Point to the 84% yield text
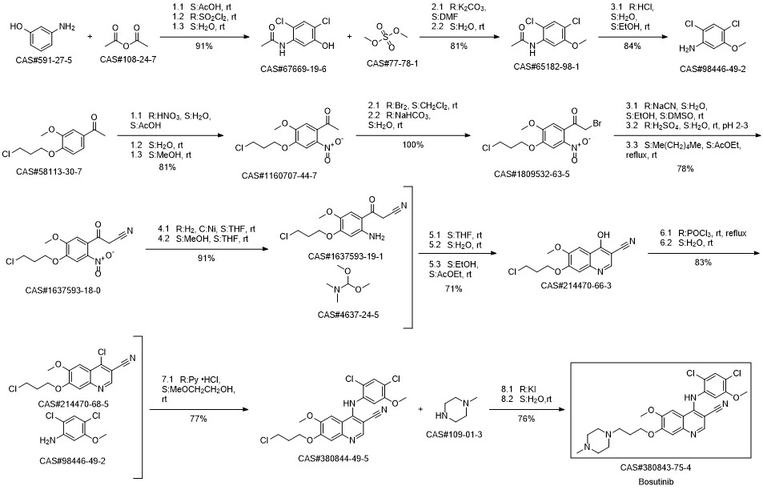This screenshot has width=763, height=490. pos(632,46)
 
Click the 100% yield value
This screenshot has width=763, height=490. pos(412,145)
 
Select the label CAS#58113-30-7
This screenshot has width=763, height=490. pos(49,171)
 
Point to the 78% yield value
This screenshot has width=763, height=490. pos(685,169)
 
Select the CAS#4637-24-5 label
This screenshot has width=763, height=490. pos(348,315)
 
